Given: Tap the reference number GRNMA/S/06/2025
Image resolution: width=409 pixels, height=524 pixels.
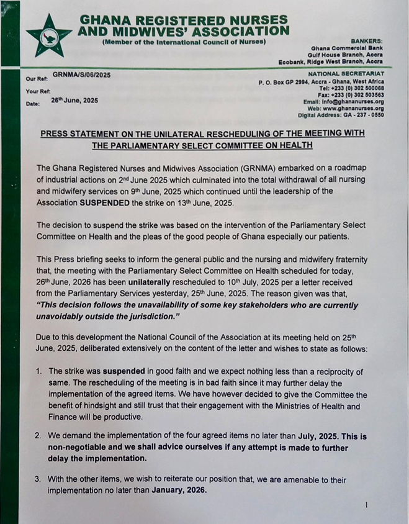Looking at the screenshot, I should [x=81, y=75].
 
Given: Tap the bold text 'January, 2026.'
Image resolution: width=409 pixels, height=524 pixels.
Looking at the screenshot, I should [x=176, y=490].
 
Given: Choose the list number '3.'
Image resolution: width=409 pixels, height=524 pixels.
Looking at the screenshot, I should [x=38, y=480].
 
